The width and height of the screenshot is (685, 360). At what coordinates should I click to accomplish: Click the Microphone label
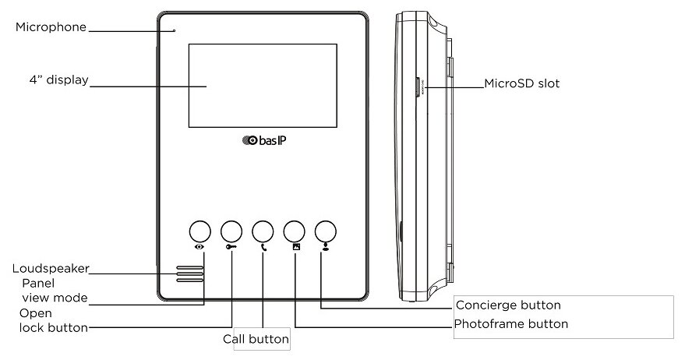pyautogui.click(x=51, y=26)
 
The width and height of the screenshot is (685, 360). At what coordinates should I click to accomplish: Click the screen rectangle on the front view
pyautogui.click(x=262, y=86)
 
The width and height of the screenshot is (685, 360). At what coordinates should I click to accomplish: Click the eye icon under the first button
pyautogui.click(x=200, y=246)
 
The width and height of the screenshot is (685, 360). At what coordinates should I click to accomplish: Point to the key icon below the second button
pyautogui.click(x=231, y=246)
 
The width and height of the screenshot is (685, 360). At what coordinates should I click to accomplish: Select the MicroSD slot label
pyautogui.click(x=521, y=83)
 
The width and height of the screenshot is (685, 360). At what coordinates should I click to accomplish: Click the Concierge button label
pyautogui.click(x=507, y=305)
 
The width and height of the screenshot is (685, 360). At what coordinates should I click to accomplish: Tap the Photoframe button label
pyautogui.click(x=511, y=323)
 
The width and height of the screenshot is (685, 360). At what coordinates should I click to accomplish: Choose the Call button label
pyautogui.click(x=256, y=340)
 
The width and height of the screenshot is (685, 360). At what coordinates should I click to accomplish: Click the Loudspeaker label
pyautogui.click(x=50, y=269)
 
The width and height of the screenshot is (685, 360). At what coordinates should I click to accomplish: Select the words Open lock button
pyautogui.click(x=52, y=320)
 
